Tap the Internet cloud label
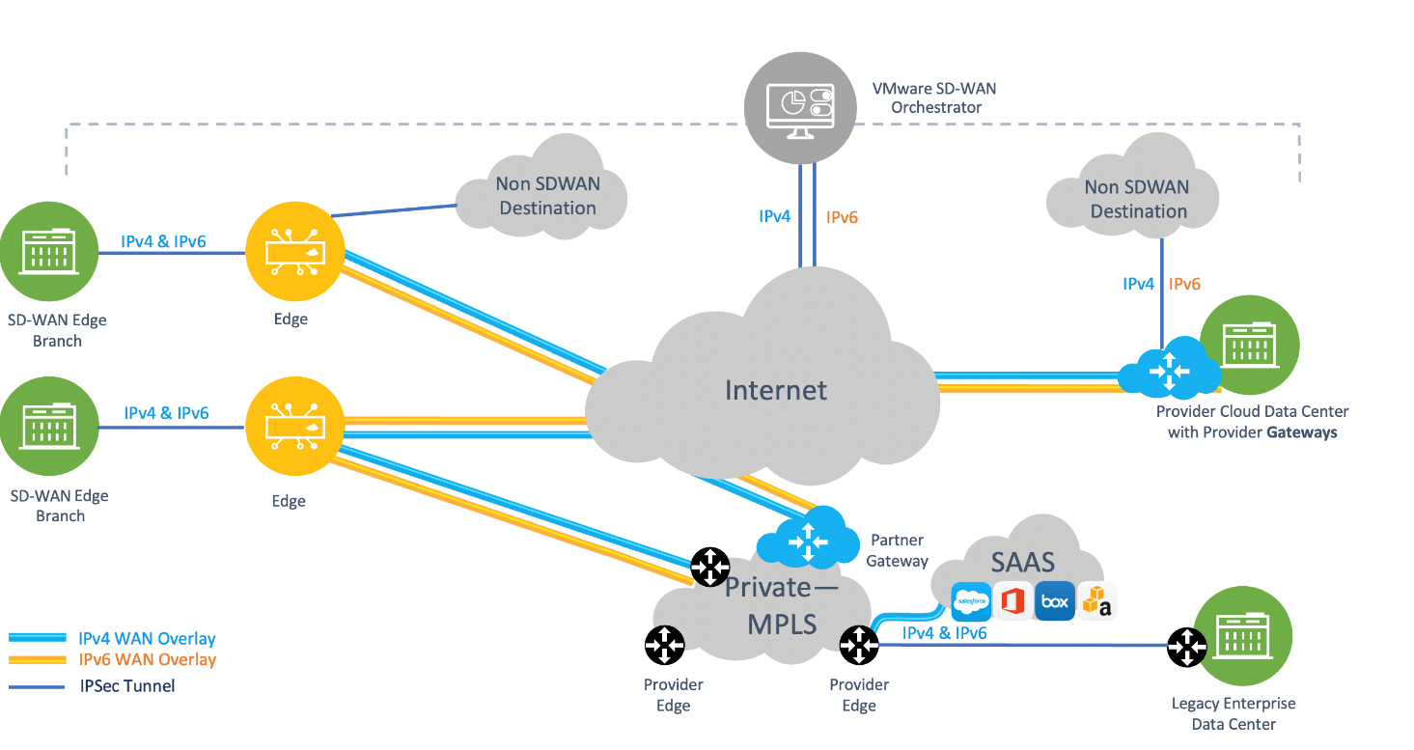pyautogui.click(x=776, y=390)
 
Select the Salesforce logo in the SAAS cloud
pyautogui.click(x=971, y=602)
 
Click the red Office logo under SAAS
pyautogui.click(x=1012, y=602)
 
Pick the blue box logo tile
pyautogui.click(x=1054, y=602)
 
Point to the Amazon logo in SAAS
pyautogui.click(x=1096, y=602)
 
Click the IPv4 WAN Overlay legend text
pyautogui.click(x=147, y=638)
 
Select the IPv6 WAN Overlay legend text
pyautogui.click(x=147, y=660)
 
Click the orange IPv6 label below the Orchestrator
pyautogui.click(x=842, y=217)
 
